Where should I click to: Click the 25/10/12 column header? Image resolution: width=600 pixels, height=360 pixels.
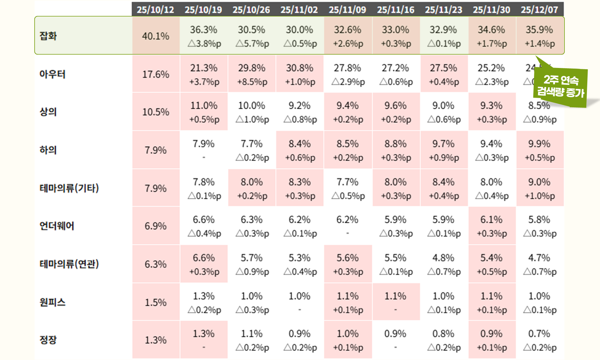click(156, 10)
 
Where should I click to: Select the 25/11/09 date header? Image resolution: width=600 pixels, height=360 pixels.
click(348, 10)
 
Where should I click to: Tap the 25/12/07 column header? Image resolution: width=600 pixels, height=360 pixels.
click(539, 10)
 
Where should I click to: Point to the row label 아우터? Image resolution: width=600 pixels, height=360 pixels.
click(52, 74)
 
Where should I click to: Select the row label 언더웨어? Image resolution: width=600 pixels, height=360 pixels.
click(57, 226)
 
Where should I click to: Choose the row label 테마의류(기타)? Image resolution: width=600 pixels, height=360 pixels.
click(69, 188)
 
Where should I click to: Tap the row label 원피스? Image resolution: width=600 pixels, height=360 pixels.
click(52, 302)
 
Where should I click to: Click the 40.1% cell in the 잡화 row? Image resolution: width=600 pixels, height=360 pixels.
click(156, 36)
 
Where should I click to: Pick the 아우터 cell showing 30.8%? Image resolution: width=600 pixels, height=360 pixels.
click(300, 74)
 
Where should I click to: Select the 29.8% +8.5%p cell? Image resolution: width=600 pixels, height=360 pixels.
click(252, 74)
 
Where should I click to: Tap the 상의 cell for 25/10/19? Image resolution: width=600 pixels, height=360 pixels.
click(204, 112)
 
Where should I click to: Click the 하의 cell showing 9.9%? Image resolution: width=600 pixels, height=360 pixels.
click(539, 150)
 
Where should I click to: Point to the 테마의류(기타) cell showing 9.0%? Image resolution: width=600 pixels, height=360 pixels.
click(539, 188)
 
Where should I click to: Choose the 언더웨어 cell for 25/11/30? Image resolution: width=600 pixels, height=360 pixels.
click(491, 226)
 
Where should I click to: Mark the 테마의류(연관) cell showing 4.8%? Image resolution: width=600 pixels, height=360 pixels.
click(443, 264)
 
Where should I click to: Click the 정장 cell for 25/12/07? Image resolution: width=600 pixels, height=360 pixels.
click(539, 340)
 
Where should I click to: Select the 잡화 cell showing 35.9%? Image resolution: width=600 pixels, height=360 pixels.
click(539, 36)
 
